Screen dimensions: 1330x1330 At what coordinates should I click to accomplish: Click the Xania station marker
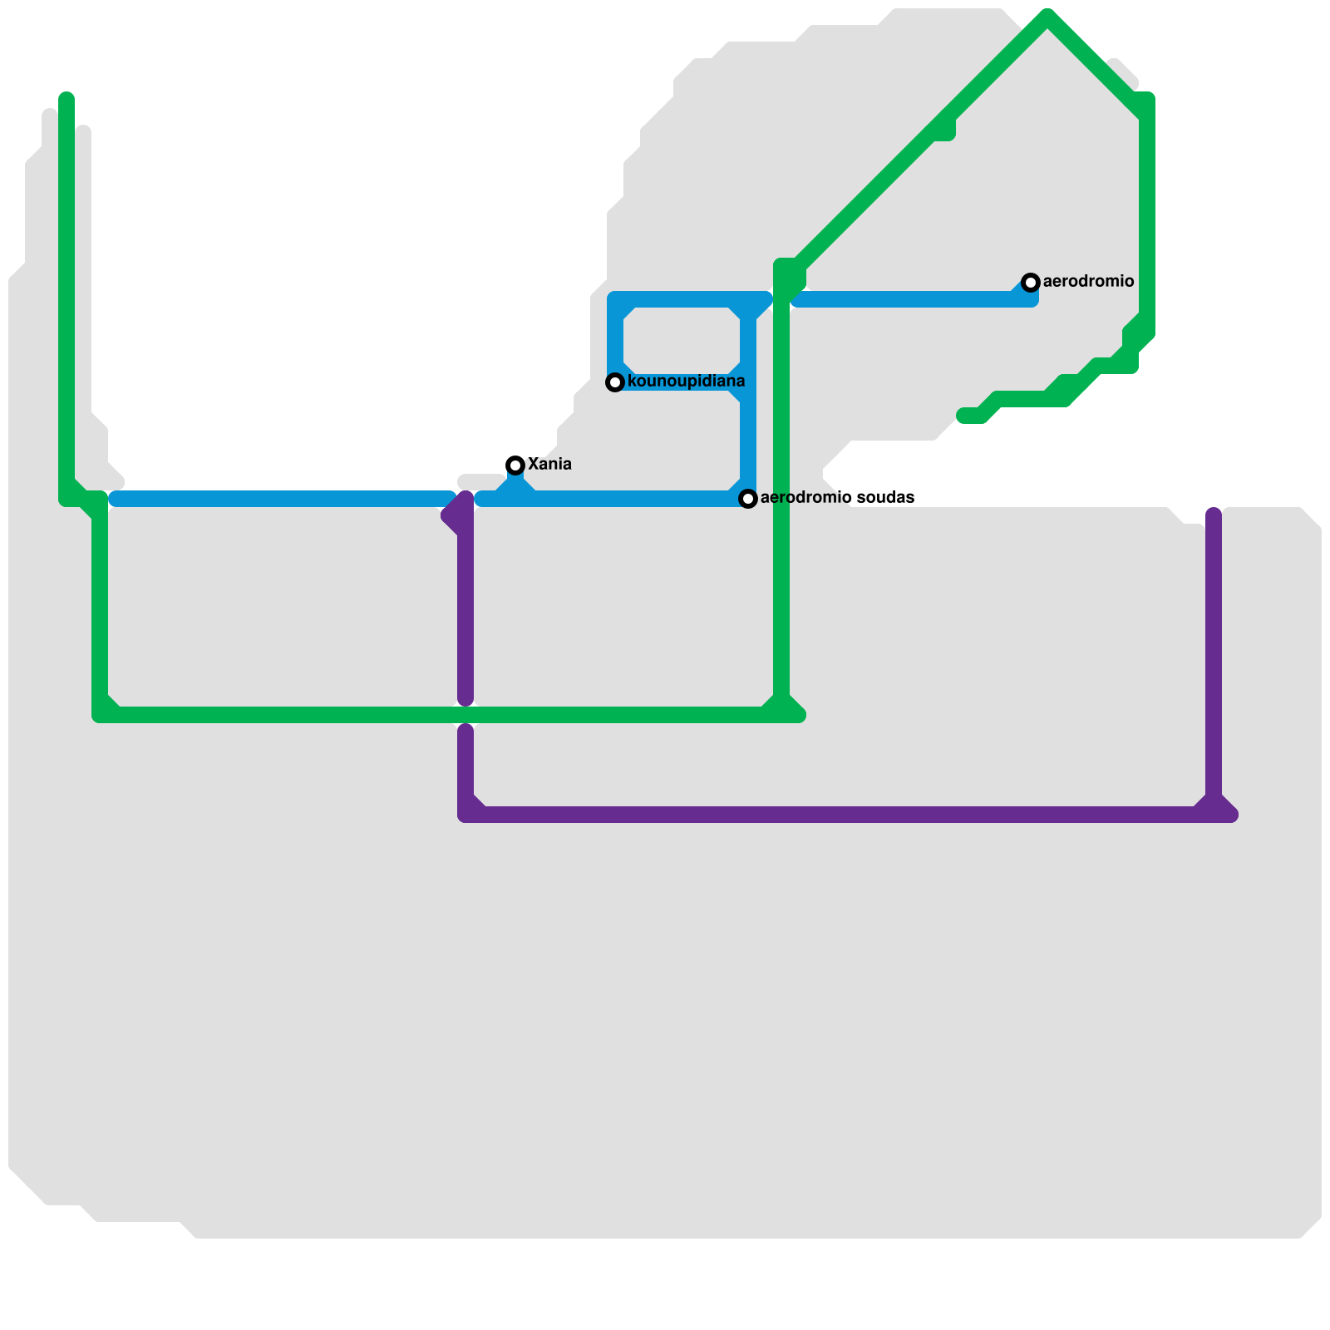(x=515, y=465)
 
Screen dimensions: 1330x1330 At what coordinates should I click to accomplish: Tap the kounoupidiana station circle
(x=615, y=382)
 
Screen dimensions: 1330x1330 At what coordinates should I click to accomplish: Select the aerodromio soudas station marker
(x=748, y=499)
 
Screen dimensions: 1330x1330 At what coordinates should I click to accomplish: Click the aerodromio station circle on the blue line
(x=1031, y=283)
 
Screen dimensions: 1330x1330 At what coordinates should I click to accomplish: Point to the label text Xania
(x=549, y=464)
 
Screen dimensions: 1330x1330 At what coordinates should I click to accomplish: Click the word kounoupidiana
(x=686, y=382)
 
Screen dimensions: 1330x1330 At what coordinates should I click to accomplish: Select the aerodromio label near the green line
(x=1088, y=281)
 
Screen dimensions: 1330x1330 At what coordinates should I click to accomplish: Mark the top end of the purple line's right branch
(x=1214, y=514)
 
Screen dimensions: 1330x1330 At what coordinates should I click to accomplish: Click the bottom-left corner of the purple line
(x=465, y=815)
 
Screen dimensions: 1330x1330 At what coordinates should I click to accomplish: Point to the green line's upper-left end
(x=66, y=98)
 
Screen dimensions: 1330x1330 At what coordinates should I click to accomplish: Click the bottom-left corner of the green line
(x=100, y=715)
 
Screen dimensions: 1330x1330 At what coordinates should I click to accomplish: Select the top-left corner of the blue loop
(x=615, y=299)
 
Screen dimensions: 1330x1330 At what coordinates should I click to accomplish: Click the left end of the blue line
(x=115, y=499)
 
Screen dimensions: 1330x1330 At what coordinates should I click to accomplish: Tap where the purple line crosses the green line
(x=465, y=715)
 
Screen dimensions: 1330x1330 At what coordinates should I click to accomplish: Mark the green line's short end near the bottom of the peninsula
(x=964, y=416)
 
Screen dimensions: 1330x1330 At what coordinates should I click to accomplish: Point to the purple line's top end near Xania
(x=465, y=499)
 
